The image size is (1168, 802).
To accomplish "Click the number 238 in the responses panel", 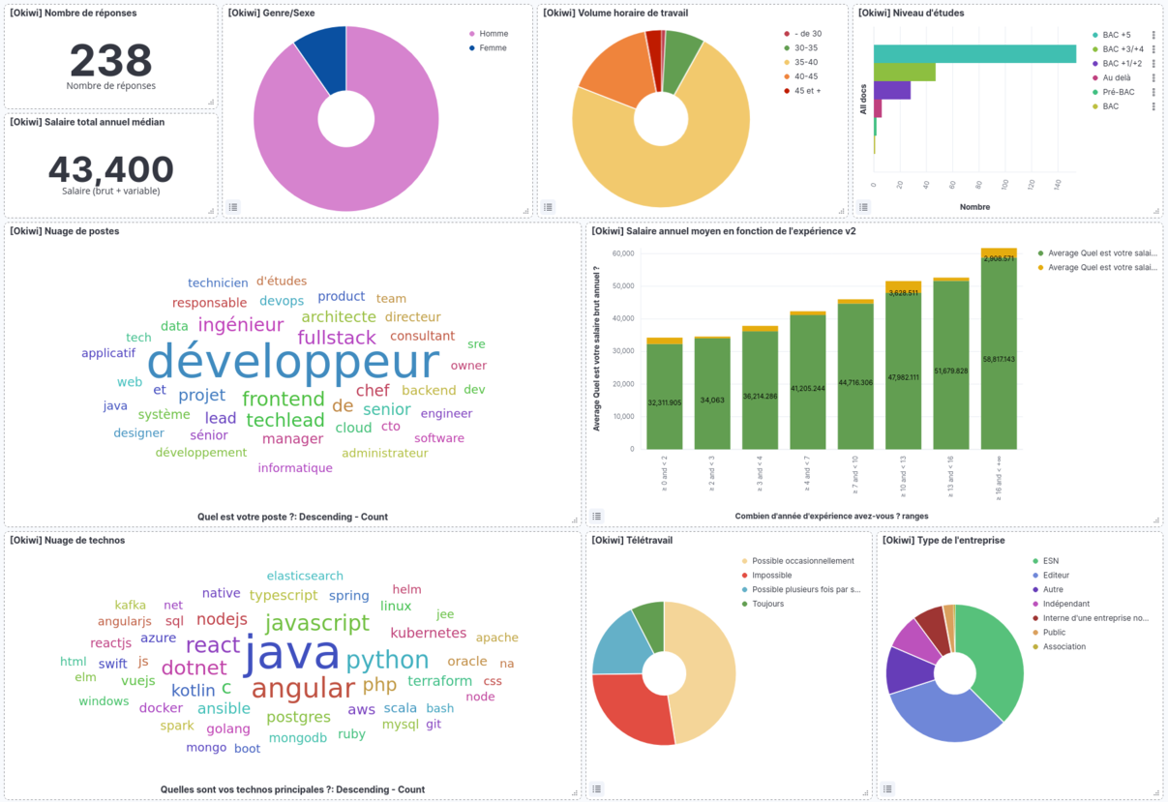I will tap(110, 60).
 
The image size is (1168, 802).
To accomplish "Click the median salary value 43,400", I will tap(110, 169).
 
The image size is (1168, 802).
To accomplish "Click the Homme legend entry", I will tap(493, 34).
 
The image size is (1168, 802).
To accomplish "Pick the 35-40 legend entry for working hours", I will tap(806, 62).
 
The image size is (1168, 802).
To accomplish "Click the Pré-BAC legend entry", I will tap(1119, 92).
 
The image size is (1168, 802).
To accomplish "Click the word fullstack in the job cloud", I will tap(337, 338).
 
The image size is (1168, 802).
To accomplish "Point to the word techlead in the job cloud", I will tap(285, 420).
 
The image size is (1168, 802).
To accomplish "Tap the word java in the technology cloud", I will tap(291, 653).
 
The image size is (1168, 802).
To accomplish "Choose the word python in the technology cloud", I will tap(387, 660).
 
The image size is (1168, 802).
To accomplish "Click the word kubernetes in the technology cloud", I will tap(428, 633).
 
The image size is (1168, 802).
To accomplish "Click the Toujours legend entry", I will tap(767, 604).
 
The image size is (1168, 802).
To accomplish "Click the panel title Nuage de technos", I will tap(68, 540).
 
